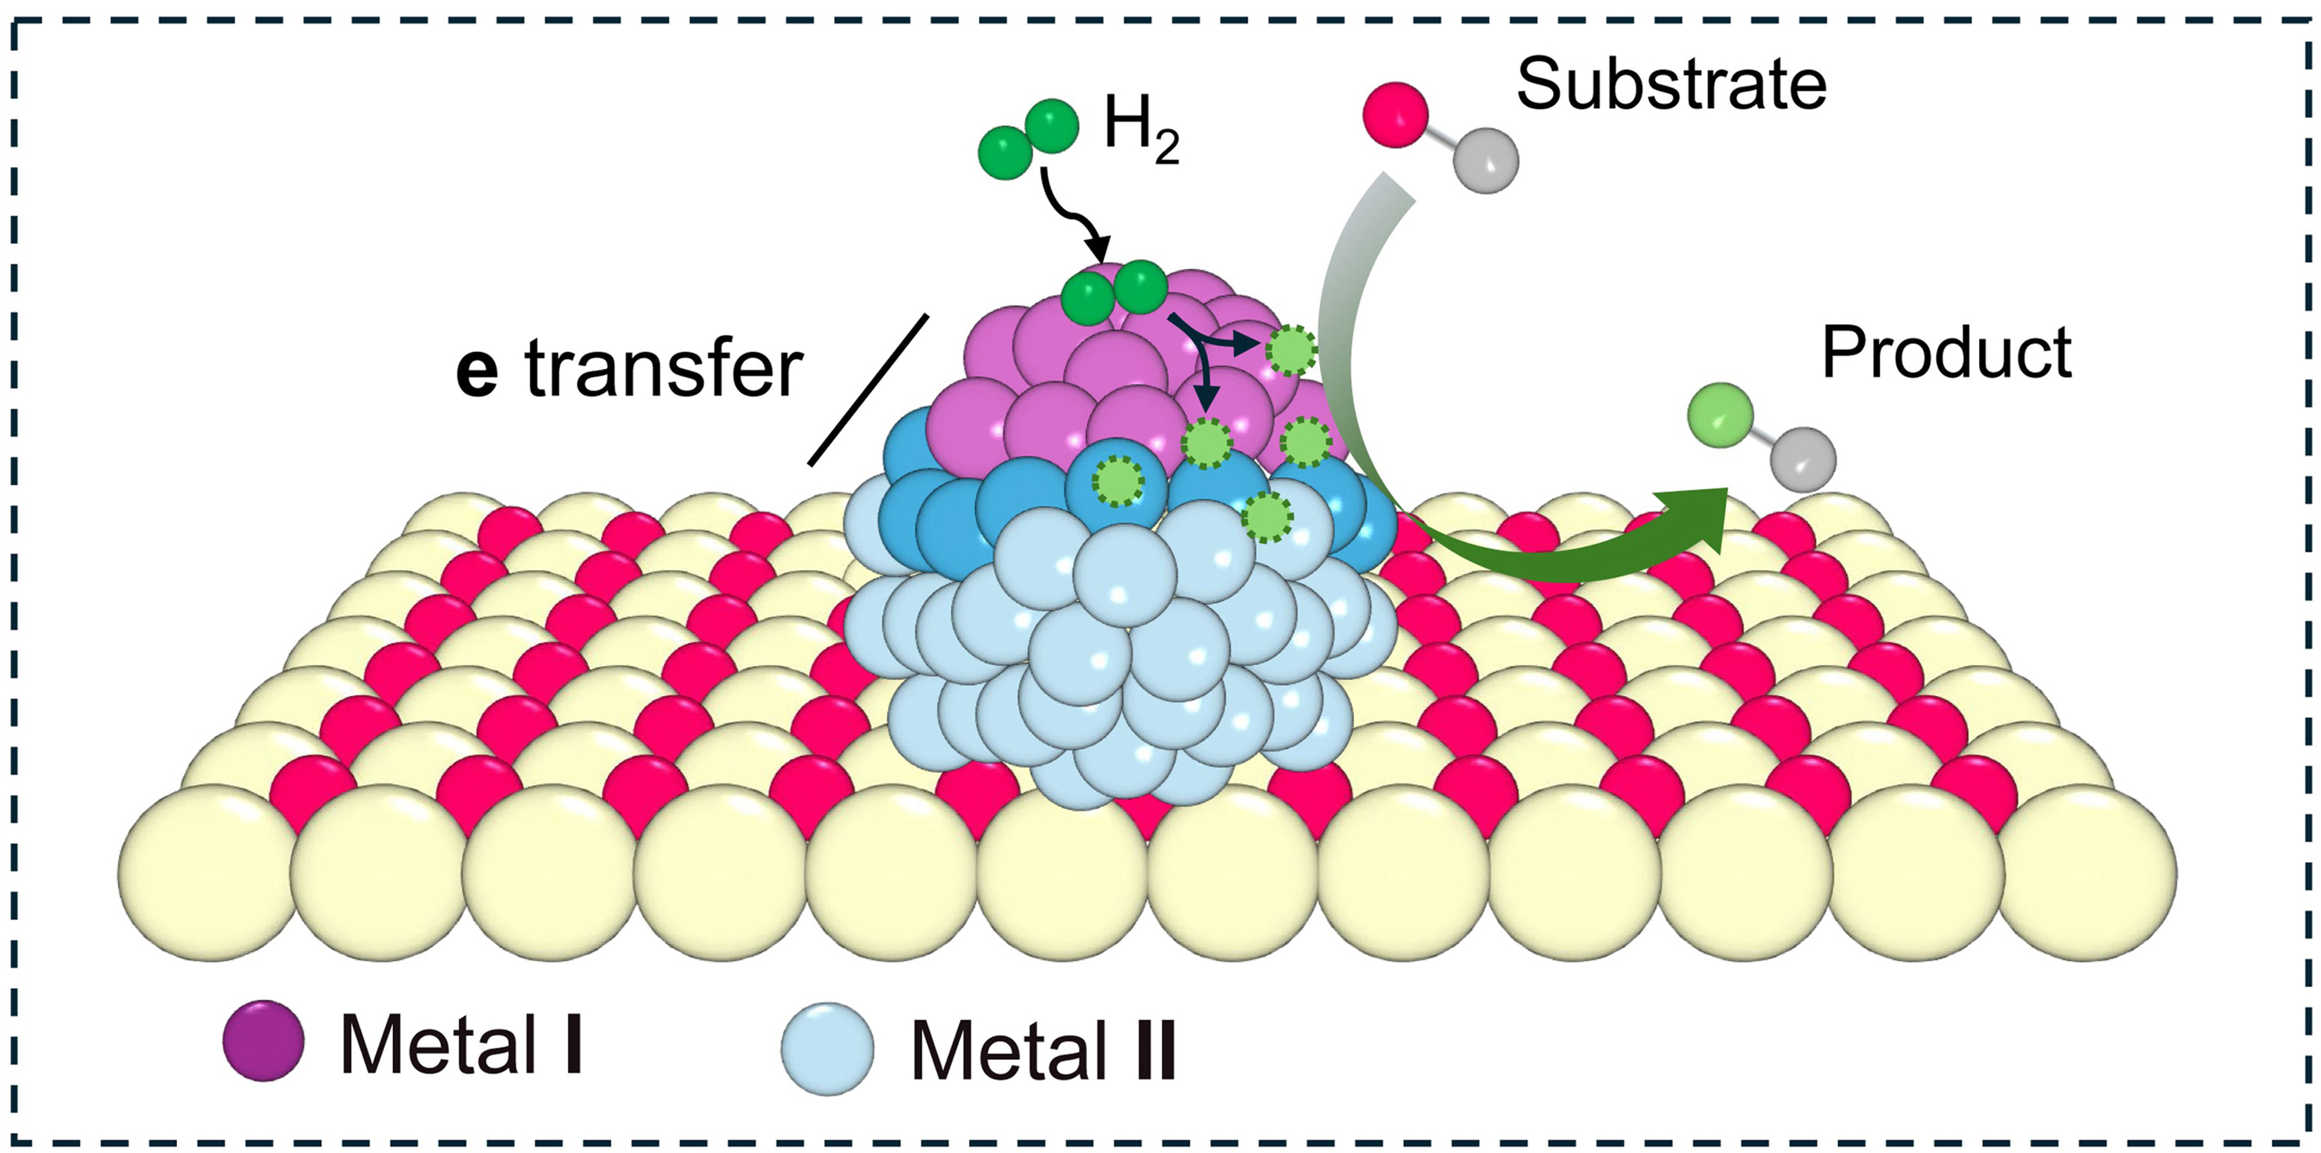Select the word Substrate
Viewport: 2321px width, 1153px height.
[1671, 86]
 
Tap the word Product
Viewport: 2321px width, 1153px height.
[1947, 353]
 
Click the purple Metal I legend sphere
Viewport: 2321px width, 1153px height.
[263, 1040]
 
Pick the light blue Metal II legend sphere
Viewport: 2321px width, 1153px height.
[827, 1048]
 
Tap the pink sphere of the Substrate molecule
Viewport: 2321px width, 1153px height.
[1395, 115]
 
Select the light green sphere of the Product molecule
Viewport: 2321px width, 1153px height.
[1719, 416]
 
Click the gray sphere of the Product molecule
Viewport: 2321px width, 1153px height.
[1802, 459]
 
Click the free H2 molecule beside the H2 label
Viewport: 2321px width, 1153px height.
[1028, 139]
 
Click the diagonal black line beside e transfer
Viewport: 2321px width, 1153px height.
[867, 389]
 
